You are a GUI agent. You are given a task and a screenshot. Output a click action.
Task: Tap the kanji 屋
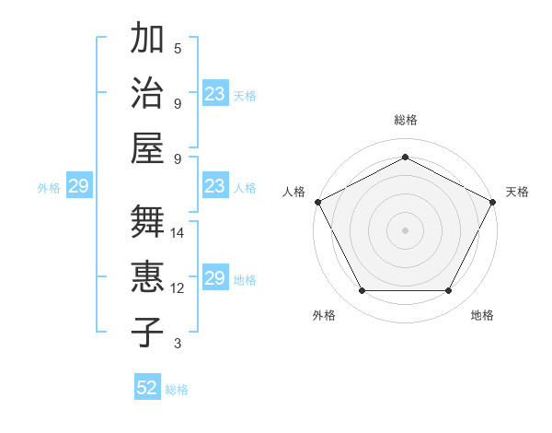[x=147, y=147]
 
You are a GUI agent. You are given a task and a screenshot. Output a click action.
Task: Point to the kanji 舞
[x=147, y=223]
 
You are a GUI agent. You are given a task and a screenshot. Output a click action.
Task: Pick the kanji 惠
[x=147, y=277]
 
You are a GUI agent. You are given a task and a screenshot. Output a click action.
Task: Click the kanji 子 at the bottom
[x=147, y=331]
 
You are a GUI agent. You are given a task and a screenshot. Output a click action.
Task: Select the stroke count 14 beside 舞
[x=178, y=233]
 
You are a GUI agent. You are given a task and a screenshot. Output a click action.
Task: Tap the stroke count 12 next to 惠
[x=178, y=288]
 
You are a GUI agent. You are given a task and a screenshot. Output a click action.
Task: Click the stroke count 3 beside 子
[x=178, y=344]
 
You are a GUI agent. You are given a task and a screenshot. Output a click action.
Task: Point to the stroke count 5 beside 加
[x=178, y=49]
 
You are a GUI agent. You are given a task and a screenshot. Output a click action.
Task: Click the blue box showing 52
[x=147, y=388]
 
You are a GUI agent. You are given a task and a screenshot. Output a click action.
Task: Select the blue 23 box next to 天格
[x=214, y=94]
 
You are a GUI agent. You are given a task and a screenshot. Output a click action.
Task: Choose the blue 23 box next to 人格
[x=214, y=187]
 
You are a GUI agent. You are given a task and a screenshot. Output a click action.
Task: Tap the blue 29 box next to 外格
[x=78, y=187]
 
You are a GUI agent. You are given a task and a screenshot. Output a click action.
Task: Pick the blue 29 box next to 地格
[x=214, y=279]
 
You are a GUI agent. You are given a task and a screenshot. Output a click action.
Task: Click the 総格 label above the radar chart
[x=405, y=120]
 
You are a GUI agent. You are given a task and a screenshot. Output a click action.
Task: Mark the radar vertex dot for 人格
[x=317, y=202]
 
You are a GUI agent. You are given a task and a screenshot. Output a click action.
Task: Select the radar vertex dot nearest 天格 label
[x=493, y=202]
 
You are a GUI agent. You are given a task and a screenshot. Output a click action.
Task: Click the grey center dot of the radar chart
[x=405, y=229]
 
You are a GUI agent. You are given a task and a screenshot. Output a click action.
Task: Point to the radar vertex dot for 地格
[x=449, y=291]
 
